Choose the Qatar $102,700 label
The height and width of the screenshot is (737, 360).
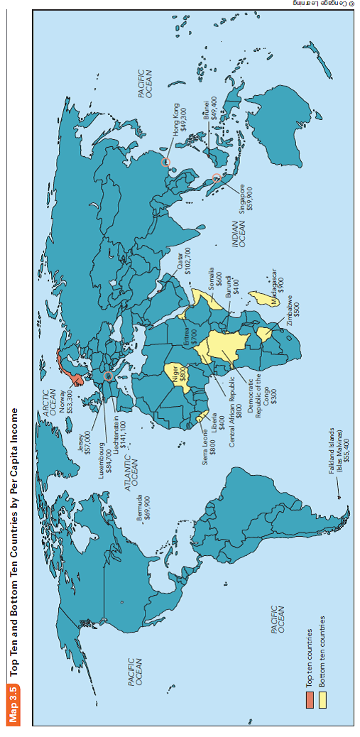(183, 260)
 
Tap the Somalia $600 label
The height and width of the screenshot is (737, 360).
(215, 278)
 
